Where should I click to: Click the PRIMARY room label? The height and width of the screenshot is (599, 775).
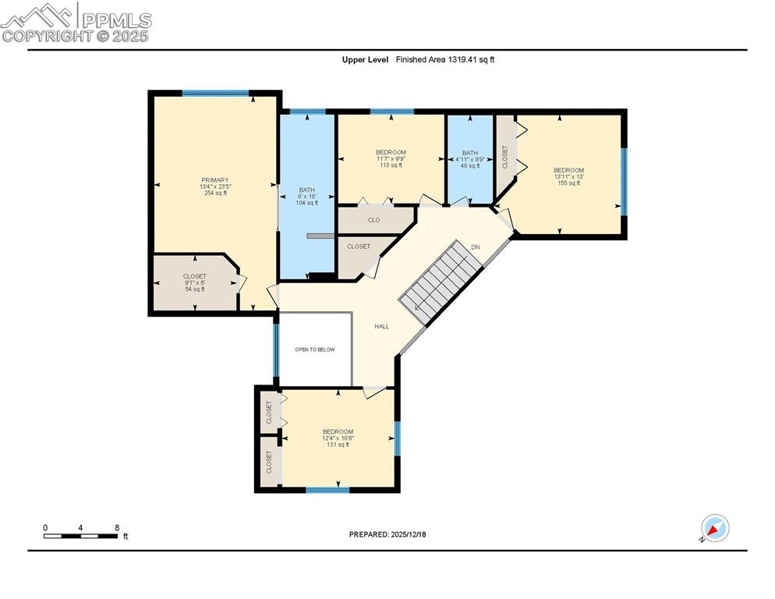coord(215,180)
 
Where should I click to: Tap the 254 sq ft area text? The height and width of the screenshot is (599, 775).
coord(215,193)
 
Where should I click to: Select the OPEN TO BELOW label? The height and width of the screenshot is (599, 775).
coord(315,349)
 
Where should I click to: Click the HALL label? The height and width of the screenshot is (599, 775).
coord(381,326)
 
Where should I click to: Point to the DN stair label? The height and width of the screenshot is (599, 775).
coord(475,247)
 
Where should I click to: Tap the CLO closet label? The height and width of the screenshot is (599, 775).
coord(374,220)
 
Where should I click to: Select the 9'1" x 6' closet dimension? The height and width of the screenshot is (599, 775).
coord(194,282)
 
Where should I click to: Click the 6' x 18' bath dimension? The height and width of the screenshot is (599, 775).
coord(307,196)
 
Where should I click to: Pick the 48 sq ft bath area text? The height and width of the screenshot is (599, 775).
coord(469,165)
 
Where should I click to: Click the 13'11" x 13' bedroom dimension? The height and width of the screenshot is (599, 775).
coord(568,176)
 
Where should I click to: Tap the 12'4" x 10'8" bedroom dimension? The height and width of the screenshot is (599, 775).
coord(338,438)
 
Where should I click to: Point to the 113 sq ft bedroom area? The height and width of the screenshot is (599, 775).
coord(390,165)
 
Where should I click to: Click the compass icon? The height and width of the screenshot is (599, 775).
coord(714,528)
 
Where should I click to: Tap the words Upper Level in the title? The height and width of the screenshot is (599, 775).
coord(365,59)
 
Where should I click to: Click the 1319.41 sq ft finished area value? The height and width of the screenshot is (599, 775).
coord(470,59)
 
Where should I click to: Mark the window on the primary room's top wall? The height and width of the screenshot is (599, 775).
coord(216,94)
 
